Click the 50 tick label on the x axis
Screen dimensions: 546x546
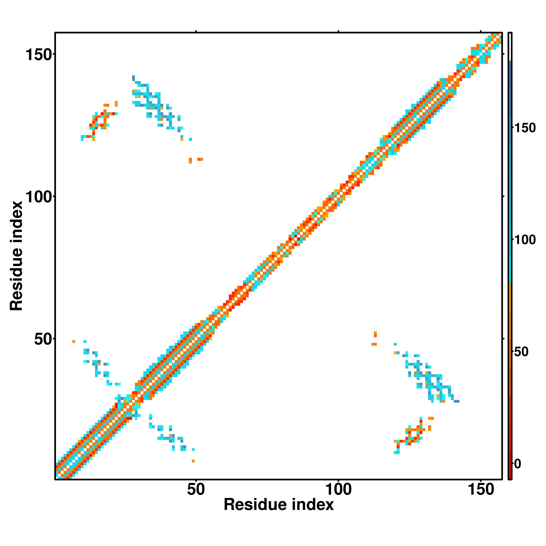tap(196, 490)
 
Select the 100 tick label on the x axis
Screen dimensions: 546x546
tap(338, 490)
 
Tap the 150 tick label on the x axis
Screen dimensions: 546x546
tap(481, 490)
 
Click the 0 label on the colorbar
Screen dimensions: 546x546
tap(518, 464)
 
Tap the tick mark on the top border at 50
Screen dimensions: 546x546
tap(196, 31)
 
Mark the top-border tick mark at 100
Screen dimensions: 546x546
tap(338, 31)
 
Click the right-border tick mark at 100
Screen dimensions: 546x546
tap(503, 196)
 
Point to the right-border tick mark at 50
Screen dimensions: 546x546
tap(503, 339)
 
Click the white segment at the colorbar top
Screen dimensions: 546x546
tap(510, 47)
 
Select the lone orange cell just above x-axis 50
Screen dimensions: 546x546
tap(193, 461)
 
